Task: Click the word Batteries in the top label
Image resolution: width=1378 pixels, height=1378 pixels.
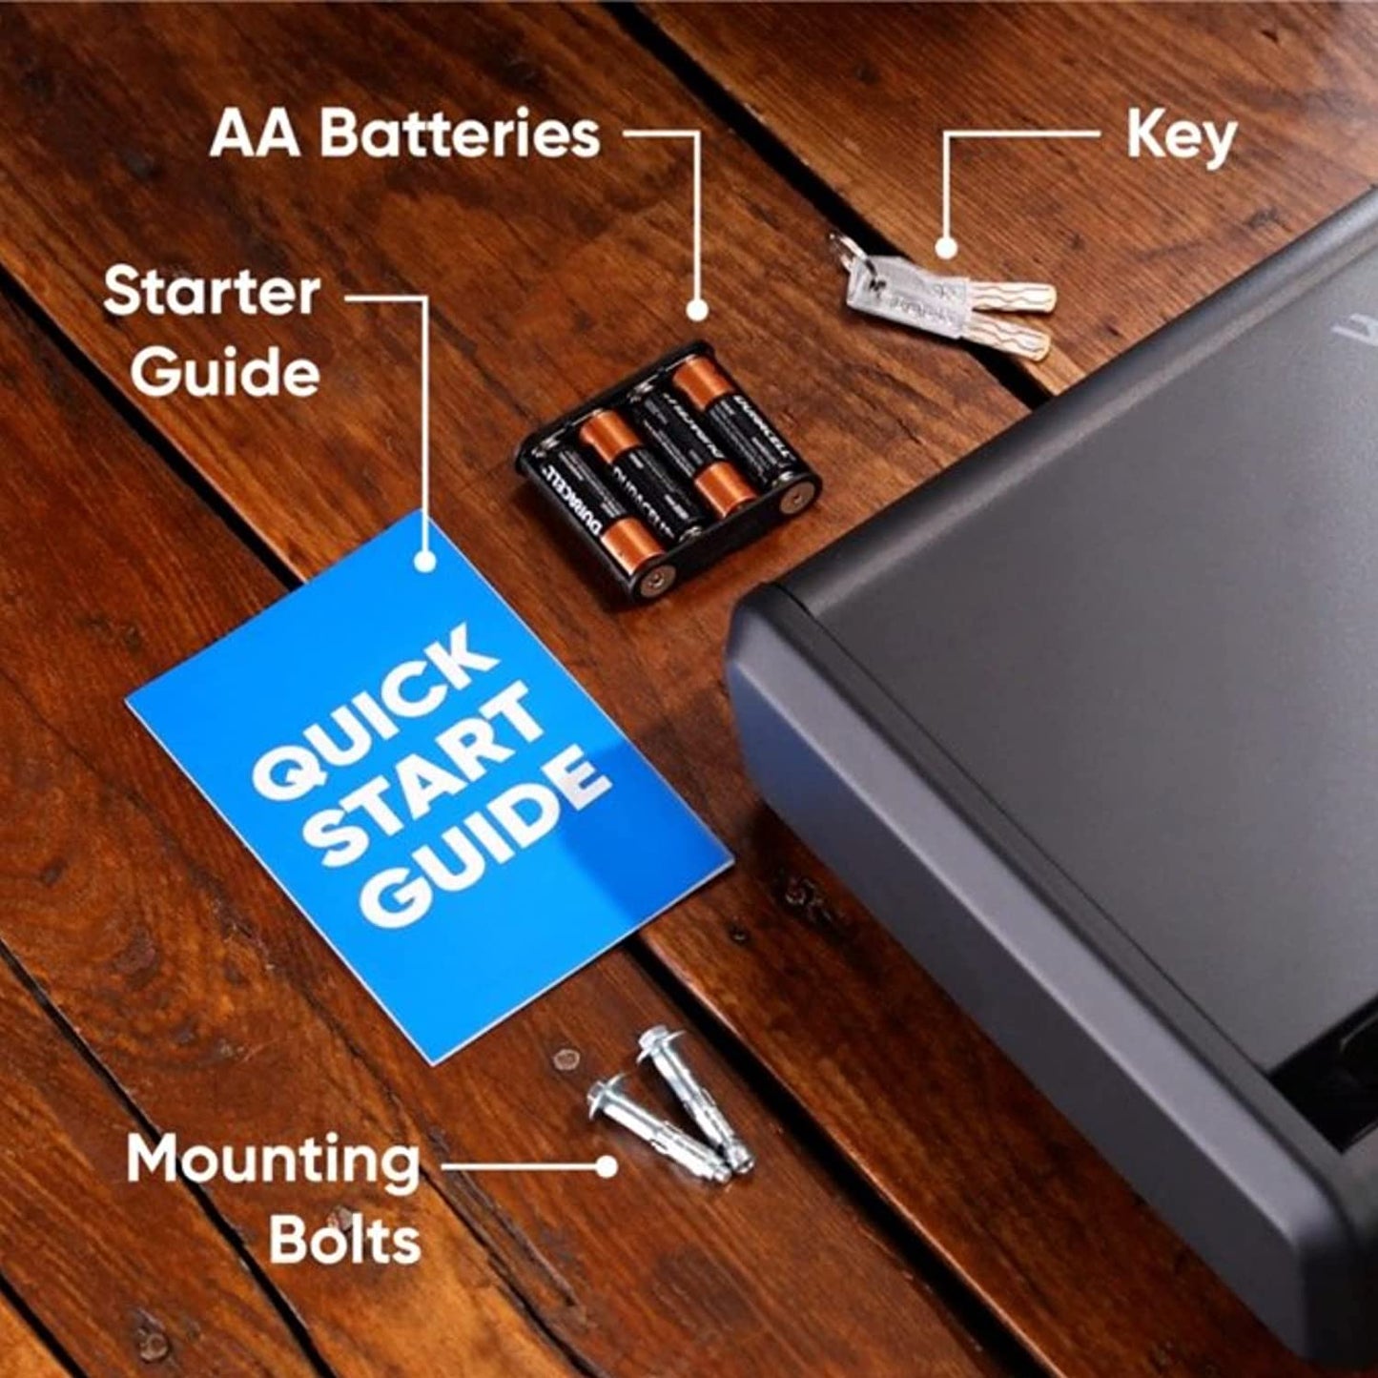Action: [460, 134]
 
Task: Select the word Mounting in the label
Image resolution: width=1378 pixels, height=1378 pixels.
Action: [274, 1162]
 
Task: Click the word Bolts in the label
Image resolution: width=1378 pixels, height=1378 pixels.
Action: [344, 1240]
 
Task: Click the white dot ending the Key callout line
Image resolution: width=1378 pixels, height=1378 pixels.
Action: [945, 248]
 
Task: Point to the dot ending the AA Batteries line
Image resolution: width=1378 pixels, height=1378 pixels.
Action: [697, 309]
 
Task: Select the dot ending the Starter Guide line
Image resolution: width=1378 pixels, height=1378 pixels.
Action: [425, 562]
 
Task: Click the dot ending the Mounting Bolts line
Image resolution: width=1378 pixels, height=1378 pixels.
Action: [606, 1165]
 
